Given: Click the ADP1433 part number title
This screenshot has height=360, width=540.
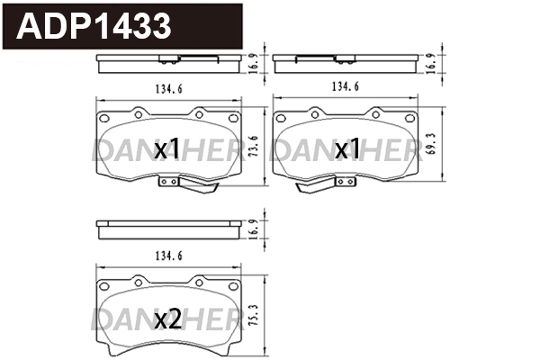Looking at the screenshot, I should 94,26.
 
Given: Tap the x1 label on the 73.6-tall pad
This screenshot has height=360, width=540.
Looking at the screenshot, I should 167,148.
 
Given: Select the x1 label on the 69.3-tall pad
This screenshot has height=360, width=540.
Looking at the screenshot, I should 346,148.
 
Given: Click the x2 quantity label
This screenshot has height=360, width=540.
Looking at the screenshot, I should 167,319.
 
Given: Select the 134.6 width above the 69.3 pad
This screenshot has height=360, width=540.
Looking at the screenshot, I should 346,87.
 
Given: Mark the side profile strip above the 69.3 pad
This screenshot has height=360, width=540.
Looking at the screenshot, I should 346,62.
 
